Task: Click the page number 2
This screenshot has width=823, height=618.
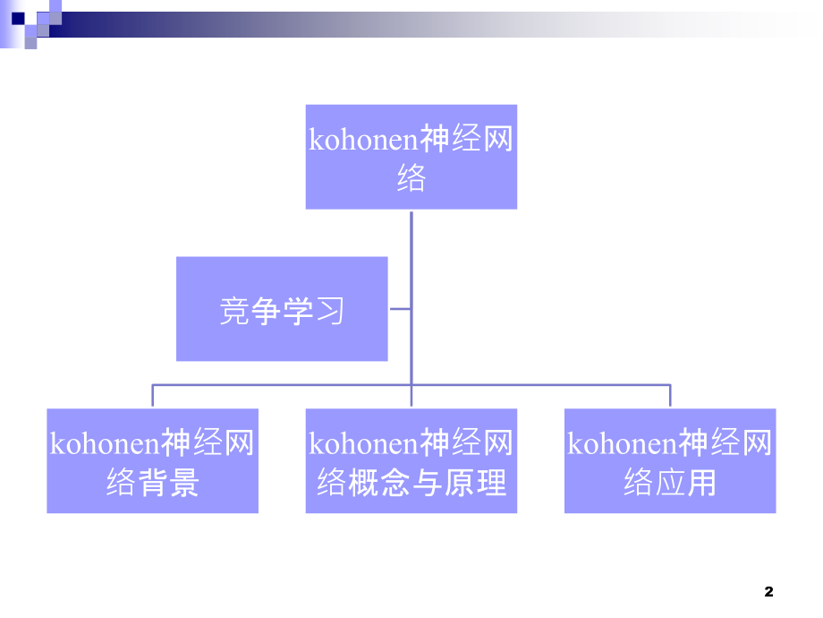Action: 768,591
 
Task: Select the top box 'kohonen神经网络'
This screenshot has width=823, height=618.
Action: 411,157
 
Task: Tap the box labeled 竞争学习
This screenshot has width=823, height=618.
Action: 282,309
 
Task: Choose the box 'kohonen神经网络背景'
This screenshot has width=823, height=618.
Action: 152,460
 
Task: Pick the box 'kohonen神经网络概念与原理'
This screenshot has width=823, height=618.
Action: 411,460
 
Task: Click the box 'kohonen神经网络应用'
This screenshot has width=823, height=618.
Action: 670,460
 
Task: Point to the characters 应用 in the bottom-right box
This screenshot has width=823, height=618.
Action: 686,484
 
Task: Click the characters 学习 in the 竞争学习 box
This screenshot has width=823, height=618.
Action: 313,310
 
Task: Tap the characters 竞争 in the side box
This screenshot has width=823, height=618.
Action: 250,310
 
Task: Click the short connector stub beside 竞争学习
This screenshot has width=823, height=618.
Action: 401,309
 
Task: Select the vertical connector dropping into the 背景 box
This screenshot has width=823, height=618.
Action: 152,397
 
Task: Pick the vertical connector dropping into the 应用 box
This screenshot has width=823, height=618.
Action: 670,397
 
